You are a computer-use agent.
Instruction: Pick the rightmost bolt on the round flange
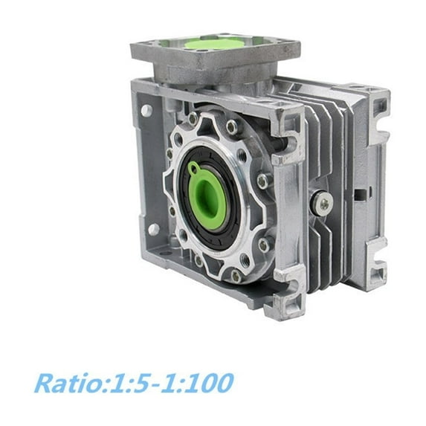click(263, 181)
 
